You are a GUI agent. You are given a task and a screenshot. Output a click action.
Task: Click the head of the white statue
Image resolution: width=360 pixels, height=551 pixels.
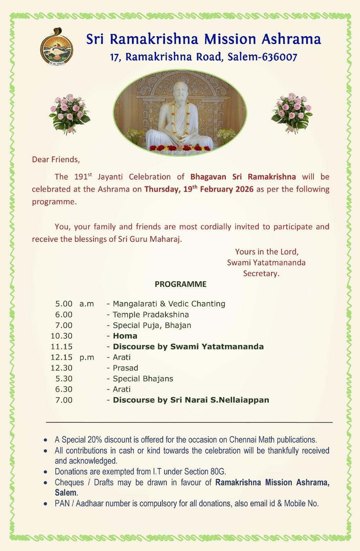(x=181, y=92)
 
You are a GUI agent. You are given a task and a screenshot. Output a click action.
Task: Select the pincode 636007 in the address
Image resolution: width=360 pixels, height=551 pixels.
(x=279, y=57)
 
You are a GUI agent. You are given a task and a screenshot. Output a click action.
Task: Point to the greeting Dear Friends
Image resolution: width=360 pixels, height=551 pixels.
(x=56, y=159)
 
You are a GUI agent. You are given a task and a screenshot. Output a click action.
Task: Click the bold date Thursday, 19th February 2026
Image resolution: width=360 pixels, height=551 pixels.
(x=199, y=189)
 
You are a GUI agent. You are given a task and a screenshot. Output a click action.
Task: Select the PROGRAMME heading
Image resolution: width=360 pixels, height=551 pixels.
(x=181, y=284)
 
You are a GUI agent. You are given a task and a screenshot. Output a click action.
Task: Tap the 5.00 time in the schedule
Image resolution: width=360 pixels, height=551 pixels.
(x=64, y=304)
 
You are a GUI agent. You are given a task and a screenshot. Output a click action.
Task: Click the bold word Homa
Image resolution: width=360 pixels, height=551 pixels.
(x=125, y=336)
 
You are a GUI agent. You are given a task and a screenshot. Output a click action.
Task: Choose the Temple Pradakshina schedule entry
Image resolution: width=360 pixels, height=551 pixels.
(x=151, y=314)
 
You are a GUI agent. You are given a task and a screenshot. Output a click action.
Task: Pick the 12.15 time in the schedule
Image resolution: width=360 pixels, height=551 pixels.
(x=62, y=357)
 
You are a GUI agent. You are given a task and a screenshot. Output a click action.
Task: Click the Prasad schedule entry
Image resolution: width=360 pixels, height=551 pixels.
(x=125, y=368)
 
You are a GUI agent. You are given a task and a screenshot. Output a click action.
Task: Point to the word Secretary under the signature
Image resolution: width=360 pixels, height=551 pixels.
(x=261, y=273)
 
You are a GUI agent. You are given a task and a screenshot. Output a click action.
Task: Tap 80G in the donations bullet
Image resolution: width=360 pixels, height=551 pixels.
(x=218, y=471)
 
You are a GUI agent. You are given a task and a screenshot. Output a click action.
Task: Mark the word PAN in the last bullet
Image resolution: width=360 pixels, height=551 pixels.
(x=62, y=503)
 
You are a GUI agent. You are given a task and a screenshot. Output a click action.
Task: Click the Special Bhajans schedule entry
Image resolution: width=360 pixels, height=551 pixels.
(x=143, y=378)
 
